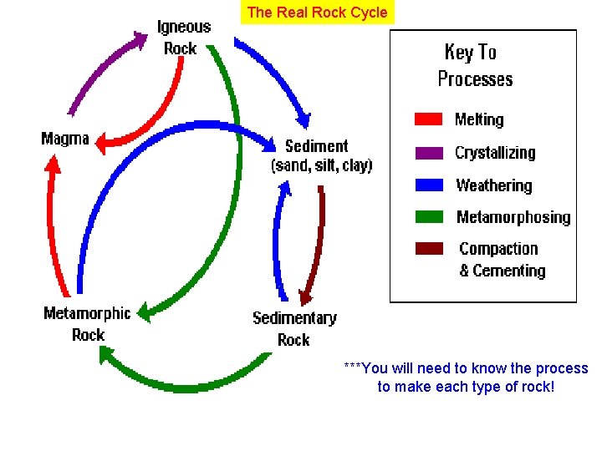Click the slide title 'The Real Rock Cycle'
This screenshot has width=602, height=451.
pos(317,13)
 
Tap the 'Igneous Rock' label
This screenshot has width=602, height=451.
pos(183,38)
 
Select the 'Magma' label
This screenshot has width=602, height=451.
pos(64,139)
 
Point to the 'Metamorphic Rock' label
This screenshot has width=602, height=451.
pos(87,324)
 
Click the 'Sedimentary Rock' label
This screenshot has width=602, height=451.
pos(294,328)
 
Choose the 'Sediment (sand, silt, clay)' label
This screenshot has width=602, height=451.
pos(321,155)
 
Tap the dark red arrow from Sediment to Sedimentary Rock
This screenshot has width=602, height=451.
pos(315,242)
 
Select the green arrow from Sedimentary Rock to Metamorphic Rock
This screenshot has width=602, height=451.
pos(180,380)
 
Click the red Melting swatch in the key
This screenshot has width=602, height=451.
pos(428,119)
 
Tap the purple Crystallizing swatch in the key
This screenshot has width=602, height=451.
pos(428,153)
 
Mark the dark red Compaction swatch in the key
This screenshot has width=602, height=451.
pos(428,249)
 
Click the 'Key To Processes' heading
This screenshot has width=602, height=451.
pos(474,65)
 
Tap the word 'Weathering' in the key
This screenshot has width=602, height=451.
pos(493,185)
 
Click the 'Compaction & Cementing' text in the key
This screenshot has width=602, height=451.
pos(501,260)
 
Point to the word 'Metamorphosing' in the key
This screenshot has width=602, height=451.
pos(513,217)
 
